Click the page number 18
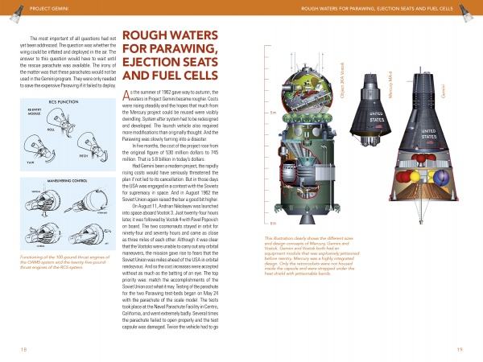coord(23,348)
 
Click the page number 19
coord(459,348)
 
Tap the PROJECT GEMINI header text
coord(33,9)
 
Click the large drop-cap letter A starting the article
coord(127,97)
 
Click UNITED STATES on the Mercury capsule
coord(376,118)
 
